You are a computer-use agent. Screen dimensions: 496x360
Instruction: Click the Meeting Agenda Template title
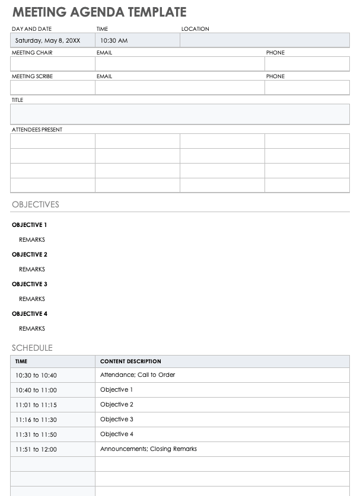click(99, 12)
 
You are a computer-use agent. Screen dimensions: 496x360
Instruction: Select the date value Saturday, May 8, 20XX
click(47, 41)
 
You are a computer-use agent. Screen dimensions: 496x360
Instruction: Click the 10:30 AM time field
click(113, 41)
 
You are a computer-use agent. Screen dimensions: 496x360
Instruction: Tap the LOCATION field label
click(195, 29)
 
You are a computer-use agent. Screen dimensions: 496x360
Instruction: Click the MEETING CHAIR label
click(32, 53)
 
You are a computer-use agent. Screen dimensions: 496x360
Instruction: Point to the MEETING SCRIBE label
click(32, 76)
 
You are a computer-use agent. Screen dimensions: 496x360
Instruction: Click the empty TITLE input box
click(180, 114)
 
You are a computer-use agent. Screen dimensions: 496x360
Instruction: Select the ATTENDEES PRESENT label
click(37, 129)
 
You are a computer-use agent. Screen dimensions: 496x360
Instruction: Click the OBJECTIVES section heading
click(36, 204)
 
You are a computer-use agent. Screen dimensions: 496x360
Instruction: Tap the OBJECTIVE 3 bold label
click(29, 284)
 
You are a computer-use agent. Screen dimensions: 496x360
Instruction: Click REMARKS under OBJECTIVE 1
click(31, 240)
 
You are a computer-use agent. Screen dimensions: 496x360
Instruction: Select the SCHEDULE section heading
click(32, 348)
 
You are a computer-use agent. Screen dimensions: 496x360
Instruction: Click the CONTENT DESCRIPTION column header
click(130, 361)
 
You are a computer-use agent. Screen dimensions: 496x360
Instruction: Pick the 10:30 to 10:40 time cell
click(36, 376)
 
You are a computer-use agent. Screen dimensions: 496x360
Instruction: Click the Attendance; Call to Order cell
click(138, 375)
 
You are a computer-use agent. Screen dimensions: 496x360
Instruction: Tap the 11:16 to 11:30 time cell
click(36, 420)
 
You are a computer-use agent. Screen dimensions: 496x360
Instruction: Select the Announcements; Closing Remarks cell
click(148, 449)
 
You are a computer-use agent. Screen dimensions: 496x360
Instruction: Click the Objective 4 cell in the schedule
click(116, 434)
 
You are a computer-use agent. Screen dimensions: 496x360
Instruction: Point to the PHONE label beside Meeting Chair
click(275, 53)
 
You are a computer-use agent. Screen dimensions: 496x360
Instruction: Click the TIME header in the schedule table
click(21, 361)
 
